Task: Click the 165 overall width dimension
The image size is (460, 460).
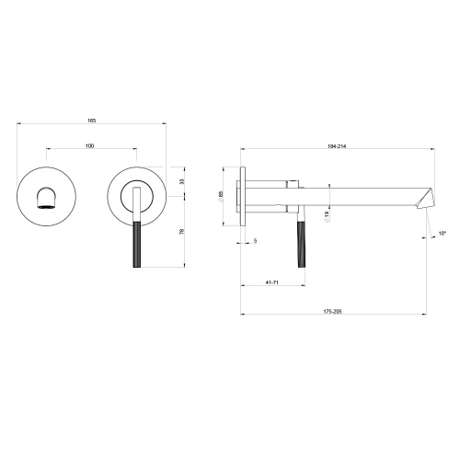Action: tap(92, 121)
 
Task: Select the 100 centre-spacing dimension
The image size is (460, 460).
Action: tap(89, 146)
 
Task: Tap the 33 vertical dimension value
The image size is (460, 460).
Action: tap(182, 181)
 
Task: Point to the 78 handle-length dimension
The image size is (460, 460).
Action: tap(181, 232)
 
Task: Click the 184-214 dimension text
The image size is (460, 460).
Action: tap(337, 146)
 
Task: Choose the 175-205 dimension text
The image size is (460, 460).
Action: tap(332, 312)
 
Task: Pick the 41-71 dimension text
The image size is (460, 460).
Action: tap(271, 282)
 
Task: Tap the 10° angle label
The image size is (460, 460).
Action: tap(442, 234)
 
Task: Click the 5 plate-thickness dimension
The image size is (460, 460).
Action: tap(256, 241)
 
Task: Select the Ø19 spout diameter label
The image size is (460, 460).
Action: tap(327, 216)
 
